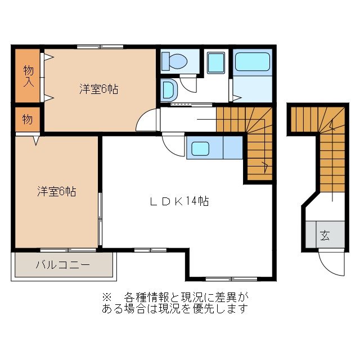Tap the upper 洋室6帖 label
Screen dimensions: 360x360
coord(98,89)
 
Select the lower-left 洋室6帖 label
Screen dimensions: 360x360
coord(57,191)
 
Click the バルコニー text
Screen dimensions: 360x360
coord(62,264)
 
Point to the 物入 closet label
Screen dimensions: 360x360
coord(28,75)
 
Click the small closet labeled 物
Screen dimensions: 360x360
coord(27,119)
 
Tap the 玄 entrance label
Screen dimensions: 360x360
coord(325,235)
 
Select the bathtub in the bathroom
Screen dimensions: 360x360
coord(253,62)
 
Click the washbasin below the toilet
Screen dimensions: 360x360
coord(168,89)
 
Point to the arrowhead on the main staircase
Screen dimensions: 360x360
coord(264,165)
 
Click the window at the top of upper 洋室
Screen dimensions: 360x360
coord(100,47)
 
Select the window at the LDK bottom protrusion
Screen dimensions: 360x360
coord(231,278)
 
